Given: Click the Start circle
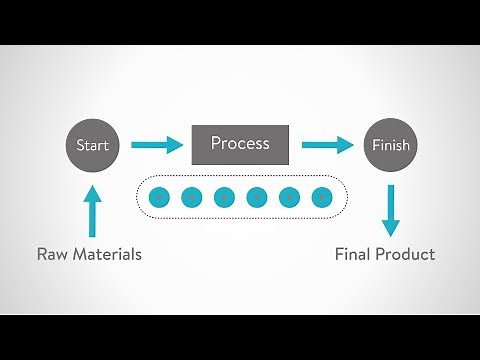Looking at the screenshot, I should click(93, 145).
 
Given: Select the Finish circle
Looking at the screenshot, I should click(390, 145).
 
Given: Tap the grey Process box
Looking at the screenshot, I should click(240, 144).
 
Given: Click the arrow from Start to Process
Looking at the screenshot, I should click(158, 145).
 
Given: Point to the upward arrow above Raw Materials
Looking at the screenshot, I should click(93, 211).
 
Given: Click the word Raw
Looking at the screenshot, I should click(54, 254).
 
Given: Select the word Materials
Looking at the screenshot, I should click(108, 254).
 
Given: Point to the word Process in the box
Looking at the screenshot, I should click(240, 144).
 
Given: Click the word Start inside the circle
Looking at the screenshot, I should click(93, 145).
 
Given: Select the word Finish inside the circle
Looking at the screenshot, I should click(390, 146).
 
